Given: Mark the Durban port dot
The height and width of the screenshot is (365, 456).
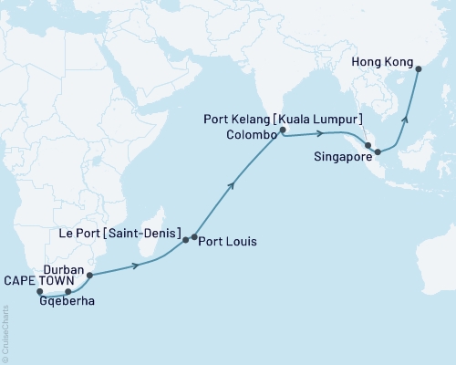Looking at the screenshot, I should tap(89, 274).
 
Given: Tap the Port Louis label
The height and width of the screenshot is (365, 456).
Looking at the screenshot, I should tap(228, 243).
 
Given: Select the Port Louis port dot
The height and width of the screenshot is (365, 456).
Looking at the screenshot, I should tap(193, 237).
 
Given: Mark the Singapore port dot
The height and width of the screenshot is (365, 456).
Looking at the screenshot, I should tap(378, 151).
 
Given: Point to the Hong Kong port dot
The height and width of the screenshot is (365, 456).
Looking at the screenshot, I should tap(418, 67).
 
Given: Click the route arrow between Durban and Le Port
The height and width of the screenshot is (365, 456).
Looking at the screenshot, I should tap(137, 265).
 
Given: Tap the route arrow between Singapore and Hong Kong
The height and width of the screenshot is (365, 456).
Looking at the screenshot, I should tap(407, 117).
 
